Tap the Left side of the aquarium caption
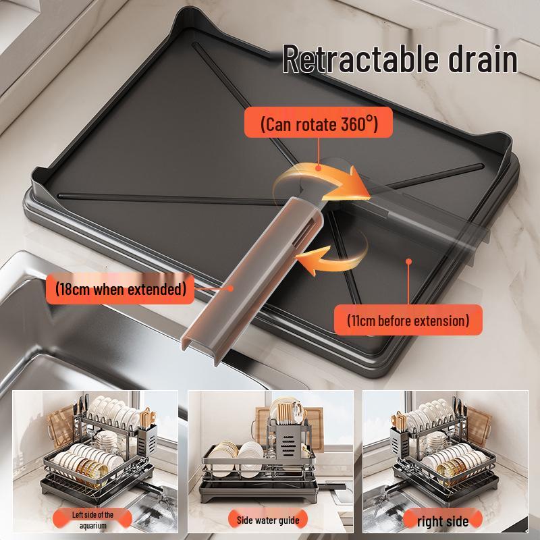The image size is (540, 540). [93, 520]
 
